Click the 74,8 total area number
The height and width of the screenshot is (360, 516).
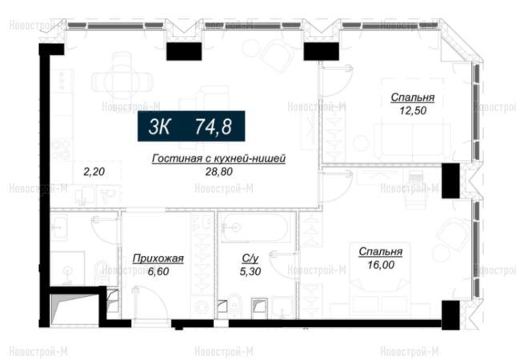[x=214, y=126]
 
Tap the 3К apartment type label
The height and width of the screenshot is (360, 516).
[x=159, y=126]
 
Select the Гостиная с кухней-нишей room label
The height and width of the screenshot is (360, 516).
[x=219, y=158]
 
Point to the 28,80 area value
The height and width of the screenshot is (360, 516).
[x=219, y=171]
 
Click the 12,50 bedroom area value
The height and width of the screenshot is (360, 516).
[x=413, y=110]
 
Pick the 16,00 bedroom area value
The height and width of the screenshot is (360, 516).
[x=381, y=265]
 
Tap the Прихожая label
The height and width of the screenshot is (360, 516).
[x=158, y=259]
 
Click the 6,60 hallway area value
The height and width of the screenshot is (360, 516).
[x=158, y=271]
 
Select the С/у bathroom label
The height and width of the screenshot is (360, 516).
[x=250, y=258]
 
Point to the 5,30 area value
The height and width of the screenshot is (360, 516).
[x=250, y=271]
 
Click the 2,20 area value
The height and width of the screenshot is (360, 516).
[x=94, y=171]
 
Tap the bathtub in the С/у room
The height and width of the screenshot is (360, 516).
[x=256, y=228]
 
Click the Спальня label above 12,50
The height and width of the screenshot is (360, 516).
[x=413, y=98]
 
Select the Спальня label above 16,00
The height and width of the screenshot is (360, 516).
[x=381, y=252]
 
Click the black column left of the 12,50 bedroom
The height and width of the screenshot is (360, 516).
[x=321, y=51]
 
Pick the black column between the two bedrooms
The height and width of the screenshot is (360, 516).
[x=450, y=181]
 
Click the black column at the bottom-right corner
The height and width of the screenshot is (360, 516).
[x=450, y=315]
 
